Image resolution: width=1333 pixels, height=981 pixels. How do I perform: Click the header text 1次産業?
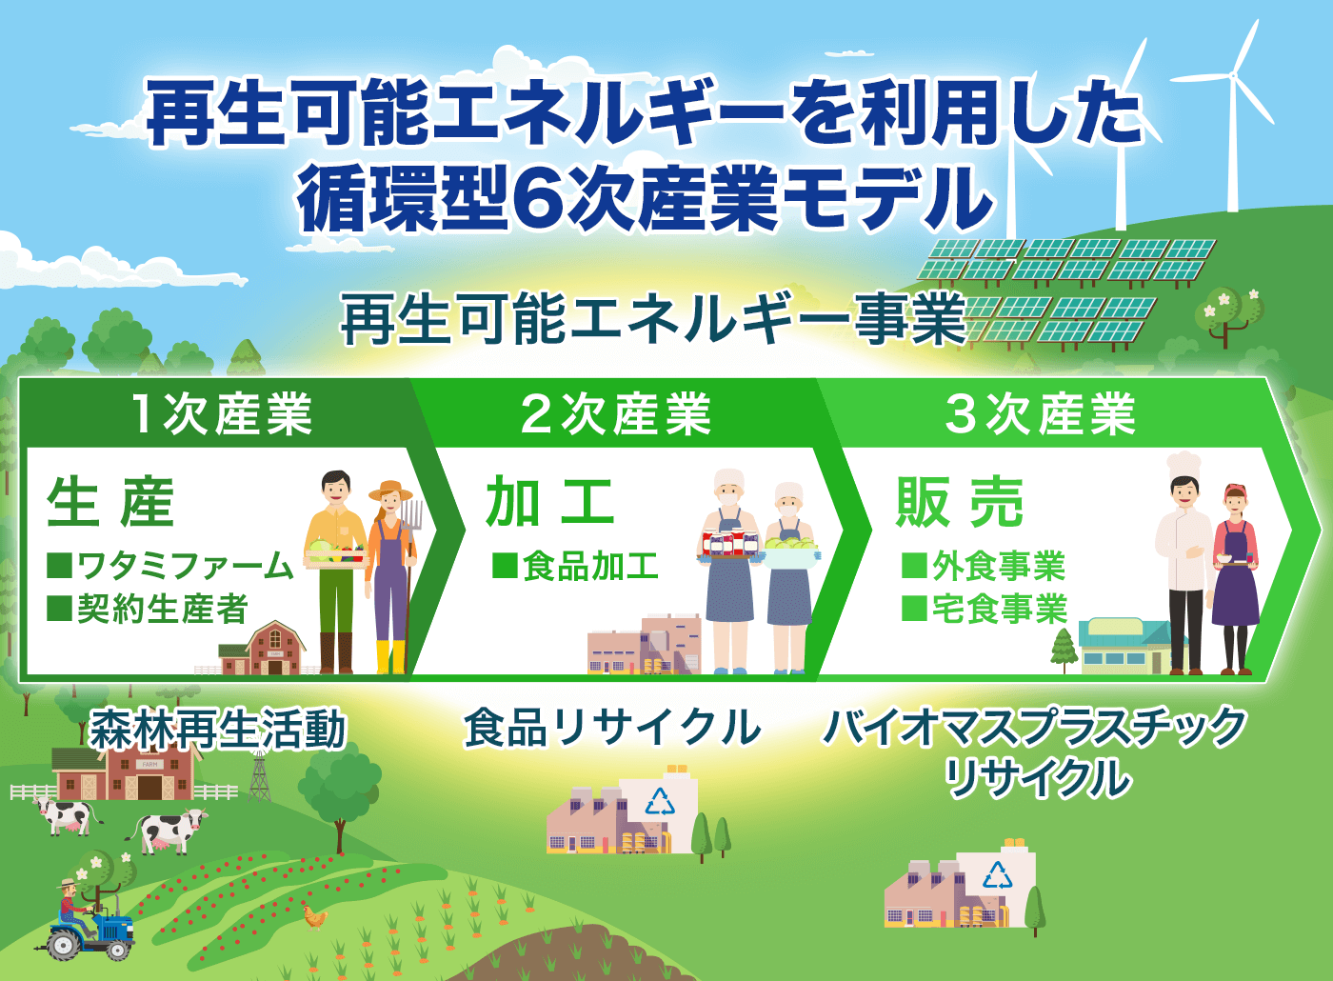click(x=221, y=413)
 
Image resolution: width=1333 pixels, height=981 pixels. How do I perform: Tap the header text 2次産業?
click(x=615, y=413)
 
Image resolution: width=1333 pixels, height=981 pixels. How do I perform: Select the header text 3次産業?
click(x=1041, y=413)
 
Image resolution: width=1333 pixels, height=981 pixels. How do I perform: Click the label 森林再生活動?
click(x=217, y=728)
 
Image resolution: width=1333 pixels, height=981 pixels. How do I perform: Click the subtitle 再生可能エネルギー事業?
click(x=653, y=318)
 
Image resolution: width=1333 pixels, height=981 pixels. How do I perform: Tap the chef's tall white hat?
click(x=1184, y=466)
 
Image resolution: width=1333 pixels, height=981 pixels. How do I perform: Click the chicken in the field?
click(x=315, y=916)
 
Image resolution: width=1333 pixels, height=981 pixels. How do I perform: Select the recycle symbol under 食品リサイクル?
click(x=660, y=801)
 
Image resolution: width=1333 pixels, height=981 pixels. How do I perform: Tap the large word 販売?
click(x=960, y=503)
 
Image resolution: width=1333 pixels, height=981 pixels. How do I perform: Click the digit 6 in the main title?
click(x=539, y=198)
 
